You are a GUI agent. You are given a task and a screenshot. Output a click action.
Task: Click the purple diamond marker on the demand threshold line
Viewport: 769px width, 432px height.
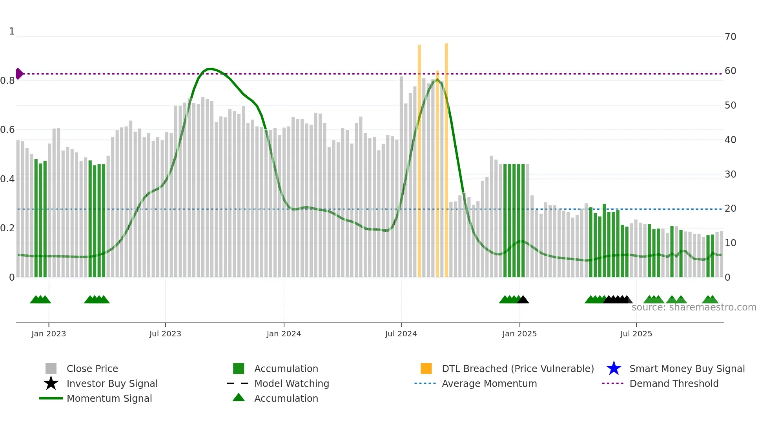[x=19, y=74]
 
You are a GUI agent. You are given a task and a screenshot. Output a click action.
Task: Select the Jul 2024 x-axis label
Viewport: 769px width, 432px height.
[x=401, y=334]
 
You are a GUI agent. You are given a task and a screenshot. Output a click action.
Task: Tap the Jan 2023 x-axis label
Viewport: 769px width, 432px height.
[x=49, y=334]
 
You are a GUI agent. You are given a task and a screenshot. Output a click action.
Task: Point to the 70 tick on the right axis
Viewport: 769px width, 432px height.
[x=731, y=37]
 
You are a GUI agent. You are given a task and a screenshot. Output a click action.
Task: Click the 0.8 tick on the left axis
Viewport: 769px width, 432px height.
[x=7, y=81]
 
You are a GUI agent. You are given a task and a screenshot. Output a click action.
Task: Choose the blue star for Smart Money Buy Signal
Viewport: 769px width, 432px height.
[x=614, y=368]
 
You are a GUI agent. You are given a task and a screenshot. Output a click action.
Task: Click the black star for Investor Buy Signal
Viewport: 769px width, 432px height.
[x=51, y=383]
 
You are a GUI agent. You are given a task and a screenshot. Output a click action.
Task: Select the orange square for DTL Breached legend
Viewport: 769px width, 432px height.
[x=426, y=368]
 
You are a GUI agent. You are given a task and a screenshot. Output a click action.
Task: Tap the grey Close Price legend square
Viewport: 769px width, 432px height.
[x=51, y=368]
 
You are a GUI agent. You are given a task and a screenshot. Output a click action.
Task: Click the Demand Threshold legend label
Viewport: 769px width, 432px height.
[x=674, y=383]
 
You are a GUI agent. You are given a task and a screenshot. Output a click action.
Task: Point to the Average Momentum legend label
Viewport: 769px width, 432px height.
[x=489, y=383]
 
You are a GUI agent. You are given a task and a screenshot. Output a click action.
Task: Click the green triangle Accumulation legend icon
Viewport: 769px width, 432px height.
[x=239, y=398]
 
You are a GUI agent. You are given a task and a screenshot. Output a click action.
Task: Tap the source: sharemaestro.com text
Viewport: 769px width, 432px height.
[x=694, y=307]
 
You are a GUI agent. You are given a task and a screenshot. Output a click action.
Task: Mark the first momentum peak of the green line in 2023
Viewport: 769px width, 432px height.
[x=210, y=69]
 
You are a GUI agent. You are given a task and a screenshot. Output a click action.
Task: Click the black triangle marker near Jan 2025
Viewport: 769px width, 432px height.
[x=523, y=300]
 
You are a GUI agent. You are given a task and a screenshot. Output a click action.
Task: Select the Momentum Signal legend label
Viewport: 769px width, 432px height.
[x=109, y=398]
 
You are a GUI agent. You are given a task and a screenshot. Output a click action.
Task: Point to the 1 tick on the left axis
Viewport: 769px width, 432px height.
[x=12, y=31]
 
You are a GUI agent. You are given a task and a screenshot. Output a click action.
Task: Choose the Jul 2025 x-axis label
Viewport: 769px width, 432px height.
[x=636, y=334]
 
